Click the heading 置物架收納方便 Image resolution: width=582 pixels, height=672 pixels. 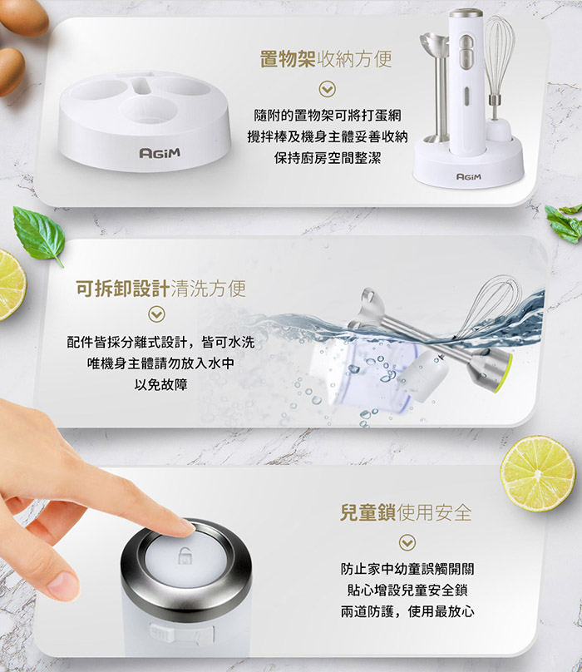(325, 60)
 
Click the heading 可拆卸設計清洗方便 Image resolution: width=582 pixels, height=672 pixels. (160, 289)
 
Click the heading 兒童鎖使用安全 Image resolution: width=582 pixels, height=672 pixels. (406, 511)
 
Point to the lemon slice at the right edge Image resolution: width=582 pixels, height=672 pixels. (537, 472)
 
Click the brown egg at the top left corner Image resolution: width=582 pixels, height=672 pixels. (24, 17)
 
